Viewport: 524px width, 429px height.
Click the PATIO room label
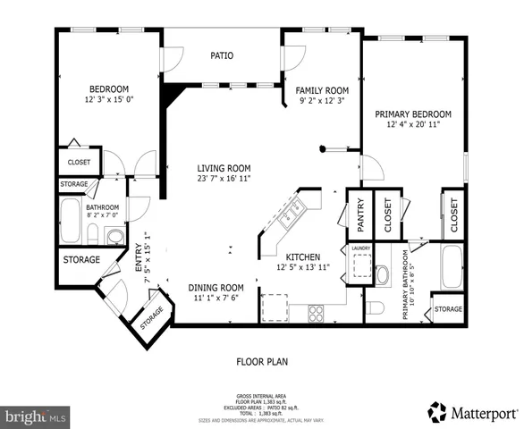coord(222,55)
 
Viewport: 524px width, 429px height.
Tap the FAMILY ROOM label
coord(323,90)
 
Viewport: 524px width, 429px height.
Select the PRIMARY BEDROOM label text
coord(412,114)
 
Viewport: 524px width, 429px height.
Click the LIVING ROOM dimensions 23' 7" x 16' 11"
coord(224,179)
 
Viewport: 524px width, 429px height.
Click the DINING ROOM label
coord(216,287)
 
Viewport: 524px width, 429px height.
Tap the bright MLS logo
coord(36,416)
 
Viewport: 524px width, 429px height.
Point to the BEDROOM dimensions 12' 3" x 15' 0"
coord(109,100)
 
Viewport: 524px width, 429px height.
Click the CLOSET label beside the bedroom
coord(78,163)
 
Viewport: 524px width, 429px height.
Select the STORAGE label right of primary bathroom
coord(447,309)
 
